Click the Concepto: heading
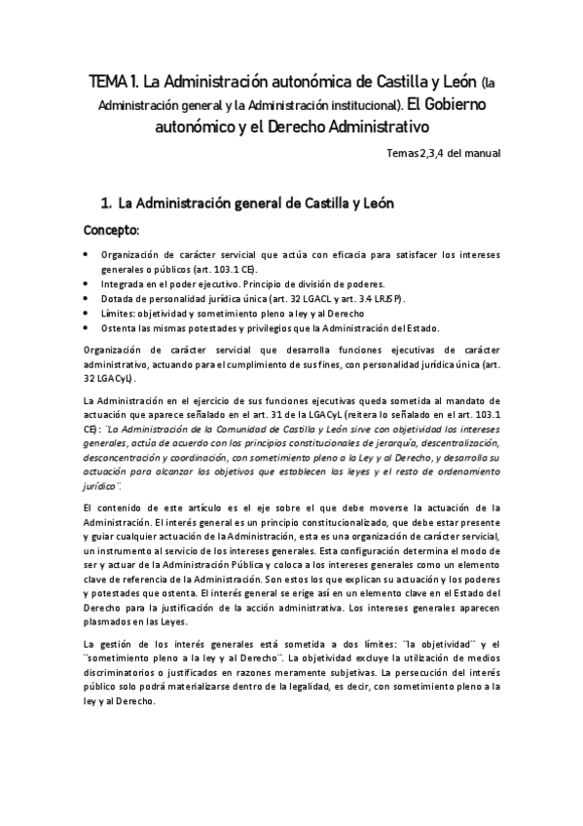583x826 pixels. point(112,231)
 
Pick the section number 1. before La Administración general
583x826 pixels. point(108,204)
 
